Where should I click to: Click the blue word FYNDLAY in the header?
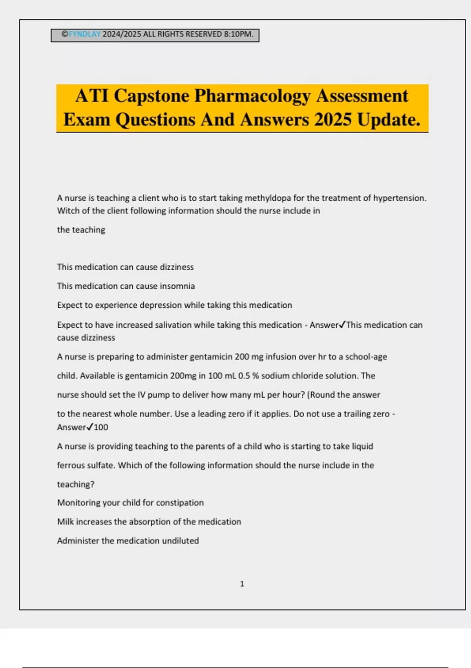[x=85, y=34]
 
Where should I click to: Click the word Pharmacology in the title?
[x=252, y=96]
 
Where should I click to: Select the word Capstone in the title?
[x=152, y=96]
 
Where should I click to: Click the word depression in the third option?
[x=161, y=305]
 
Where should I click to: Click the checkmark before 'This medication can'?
[x=342, y=325]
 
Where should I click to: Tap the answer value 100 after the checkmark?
[x=101, y=427]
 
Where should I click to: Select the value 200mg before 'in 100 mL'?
[x=183, y=376]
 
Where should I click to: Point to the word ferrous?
[x=71, y=465]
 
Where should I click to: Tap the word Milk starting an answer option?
[x=65, y=522]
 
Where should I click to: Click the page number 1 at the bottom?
[x=242, y=584]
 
